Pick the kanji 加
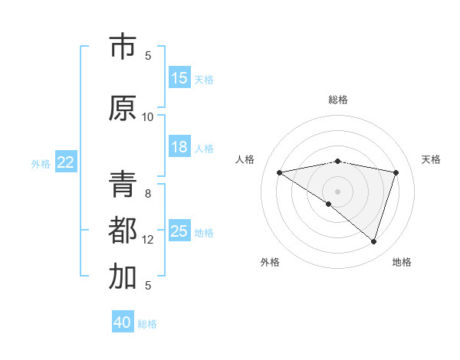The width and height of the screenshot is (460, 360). coord(123,277)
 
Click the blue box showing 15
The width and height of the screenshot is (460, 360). coord(179,77)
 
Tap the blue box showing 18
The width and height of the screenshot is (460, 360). coord(179,147)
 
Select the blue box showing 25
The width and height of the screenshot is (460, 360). coord(179,231)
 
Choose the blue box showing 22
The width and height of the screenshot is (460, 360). coord(66,162)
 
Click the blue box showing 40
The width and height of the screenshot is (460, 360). coord(123,322)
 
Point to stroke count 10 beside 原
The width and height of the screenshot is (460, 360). coord(148,116)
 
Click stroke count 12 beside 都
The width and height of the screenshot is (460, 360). coord(148,239)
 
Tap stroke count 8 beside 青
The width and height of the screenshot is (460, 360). coord(148,193)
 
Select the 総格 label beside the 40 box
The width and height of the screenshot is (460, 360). coord(147,324)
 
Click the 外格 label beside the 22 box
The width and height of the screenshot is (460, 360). coord(41,163)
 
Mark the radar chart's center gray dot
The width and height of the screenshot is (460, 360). coord(337,190)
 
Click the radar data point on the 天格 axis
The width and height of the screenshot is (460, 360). coord(396,172)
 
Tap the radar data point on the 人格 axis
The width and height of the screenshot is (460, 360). coord(280,172)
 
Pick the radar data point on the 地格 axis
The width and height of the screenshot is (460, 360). coord(373,241)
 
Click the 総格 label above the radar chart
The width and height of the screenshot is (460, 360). coord(338,100)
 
